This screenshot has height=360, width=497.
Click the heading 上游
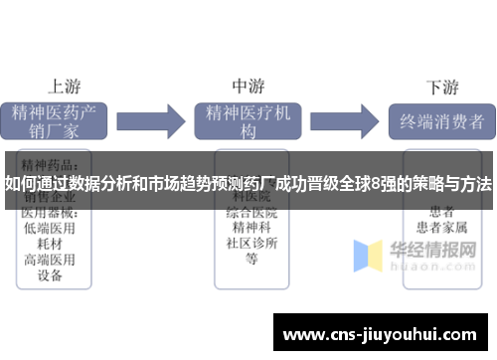pos(65,85)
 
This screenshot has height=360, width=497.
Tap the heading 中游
pos(248,85)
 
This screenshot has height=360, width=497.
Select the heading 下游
pos(441,85)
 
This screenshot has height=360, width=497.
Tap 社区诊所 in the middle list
pos(251,244)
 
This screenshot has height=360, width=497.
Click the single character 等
pos(251,260)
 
